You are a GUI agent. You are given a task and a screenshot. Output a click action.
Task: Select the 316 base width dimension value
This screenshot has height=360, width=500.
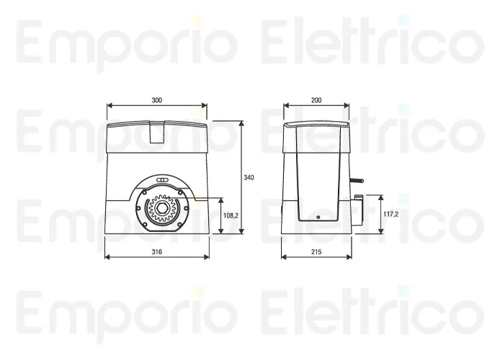point(156,252)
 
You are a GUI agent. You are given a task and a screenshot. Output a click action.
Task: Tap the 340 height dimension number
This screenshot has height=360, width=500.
point(249,177)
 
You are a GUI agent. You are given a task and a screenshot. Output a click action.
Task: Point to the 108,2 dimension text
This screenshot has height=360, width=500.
point(231,215)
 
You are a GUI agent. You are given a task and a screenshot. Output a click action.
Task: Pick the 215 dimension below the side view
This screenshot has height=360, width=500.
point(316,252)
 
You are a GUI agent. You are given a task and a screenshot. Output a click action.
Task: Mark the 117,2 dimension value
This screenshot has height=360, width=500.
point(391,214)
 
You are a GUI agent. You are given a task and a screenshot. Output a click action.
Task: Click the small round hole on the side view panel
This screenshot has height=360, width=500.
point(316,217)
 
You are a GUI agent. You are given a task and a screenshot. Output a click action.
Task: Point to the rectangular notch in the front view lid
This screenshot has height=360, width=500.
point(156,130)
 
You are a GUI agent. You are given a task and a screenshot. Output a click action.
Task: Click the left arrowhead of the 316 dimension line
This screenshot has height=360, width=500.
point(107,258)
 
